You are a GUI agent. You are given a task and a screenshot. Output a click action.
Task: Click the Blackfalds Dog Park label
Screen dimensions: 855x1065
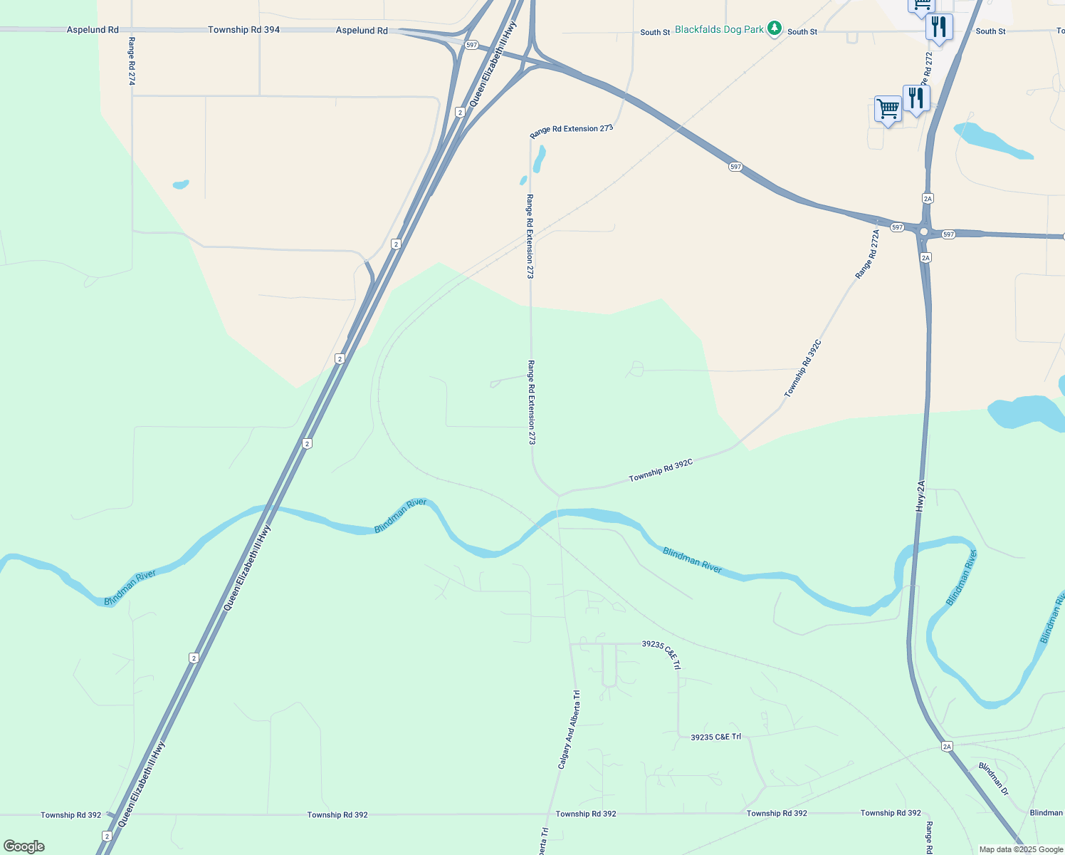[x=719, y=30]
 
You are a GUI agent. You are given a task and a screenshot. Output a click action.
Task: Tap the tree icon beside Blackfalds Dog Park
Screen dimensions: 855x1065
[x=775, y=29]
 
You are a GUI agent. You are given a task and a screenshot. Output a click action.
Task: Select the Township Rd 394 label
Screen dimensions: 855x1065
[x=243, y=30]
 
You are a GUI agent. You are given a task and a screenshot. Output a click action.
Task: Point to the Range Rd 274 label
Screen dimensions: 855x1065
[x=132, y=61]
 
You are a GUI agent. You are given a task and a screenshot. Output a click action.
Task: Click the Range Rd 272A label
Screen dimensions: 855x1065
[x=868, y=254]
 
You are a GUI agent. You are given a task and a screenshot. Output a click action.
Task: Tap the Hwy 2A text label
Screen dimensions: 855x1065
[x=920, y=496]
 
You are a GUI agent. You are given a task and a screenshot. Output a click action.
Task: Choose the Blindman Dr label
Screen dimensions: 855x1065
[x=993, y=779]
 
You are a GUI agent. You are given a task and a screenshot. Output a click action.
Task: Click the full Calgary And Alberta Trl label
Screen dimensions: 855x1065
[x=569, y=729]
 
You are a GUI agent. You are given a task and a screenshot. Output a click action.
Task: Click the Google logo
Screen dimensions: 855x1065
[x=24, y=846]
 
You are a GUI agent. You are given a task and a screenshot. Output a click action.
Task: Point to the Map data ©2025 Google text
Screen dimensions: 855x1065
[x=1021, y=849]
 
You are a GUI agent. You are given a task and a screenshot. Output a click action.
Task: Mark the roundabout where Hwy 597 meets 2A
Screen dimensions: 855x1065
[x=924, y=232]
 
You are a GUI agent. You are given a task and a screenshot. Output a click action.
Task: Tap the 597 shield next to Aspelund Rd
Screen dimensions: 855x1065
[x=471, y=45]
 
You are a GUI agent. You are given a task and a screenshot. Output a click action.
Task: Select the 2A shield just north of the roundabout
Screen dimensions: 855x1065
[x=927, y=198]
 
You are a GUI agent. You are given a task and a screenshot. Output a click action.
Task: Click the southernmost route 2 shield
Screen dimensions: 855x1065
[x=107, y=836]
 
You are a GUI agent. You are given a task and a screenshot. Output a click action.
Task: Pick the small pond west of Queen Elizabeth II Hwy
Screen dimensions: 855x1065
[x=181, y=185]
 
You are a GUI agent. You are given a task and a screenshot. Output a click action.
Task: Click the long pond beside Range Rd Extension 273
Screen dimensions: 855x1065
[x=539, y=159]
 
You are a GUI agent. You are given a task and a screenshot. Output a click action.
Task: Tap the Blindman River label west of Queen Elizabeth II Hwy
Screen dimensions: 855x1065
[x=130, y=588]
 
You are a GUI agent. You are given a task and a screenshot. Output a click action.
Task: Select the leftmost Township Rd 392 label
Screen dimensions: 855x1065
[x=70, y=815]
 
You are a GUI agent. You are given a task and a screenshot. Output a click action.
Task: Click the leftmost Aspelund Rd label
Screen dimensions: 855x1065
[x=93, y=30]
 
